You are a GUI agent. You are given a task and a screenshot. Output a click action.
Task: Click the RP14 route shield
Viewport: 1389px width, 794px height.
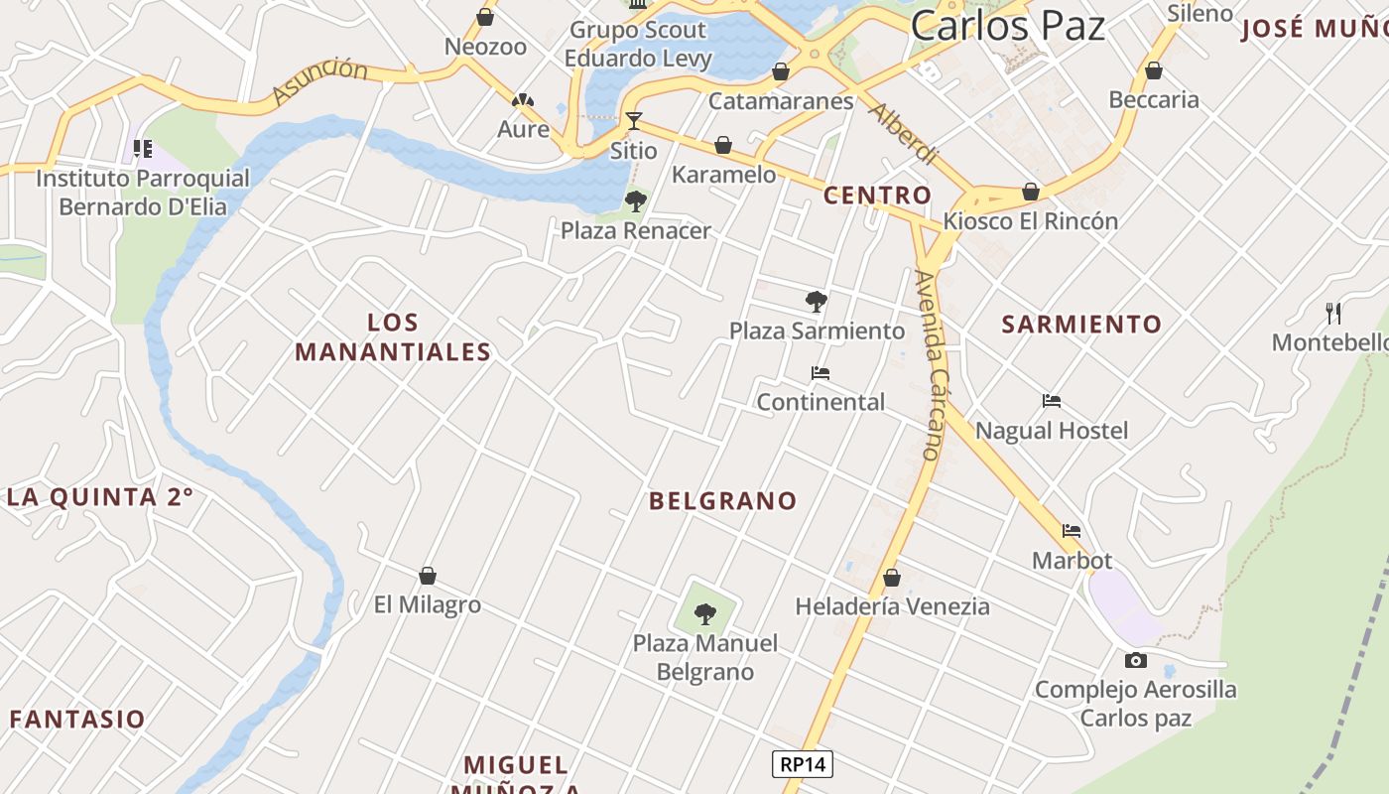pos(803,764)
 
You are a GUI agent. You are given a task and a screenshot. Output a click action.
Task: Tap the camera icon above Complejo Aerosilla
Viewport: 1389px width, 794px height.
pos(1135,660)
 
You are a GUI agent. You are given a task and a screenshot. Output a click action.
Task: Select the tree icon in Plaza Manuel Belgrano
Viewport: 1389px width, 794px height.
pos(705,614)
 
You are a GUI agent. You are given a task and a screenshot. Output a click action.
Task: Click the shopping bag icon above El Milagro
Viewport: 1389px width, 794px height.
pos(428,576)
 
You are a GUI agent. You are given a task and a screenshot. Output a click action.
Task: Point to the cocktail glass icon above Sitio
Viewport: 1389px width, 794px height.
pos(633,121)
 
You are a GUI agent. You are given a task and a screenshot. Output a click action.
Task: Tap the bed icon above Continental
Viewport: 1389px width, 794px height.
pos(820,373)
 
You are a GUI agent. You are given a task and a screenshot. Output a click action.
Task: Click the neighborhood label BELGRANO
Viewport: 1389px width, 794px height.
pos(722,501)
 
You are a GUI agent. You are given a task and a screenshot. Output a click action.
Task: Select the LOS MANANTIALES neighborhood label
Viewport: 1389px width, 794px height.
pos(393,337)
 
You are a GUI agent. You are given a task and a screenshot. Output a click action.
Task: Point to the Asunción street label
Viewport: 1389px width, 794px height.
pos(319,81)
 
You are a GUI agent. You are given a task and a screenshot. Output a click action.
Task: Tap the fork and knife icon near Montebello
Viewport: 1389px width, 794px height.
pos(1333,314)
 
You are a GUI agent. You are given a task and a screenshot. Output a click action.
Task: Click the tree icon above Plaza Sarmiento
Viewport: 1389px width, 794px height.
pos(817,301)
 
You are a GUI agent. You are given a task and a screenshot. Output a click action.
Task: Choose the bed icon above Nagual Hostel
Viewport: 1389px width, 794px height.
pos(1052,401)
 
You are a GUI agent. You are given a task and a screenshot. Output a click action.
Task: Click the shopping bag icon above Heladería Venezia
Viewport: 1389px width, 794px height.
pos(892,578)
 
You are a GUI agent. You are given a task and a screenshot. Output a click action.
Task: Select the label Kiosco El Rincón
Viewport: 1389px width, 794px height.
pos(1031,220)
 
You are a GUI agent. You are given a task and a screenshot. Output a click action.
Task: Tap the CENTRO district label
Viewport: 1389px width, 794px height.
pos(878,195)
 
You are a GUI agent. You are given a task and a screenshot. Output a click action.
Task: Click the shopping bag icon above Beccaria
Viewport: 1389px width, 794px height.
pos(1153,71)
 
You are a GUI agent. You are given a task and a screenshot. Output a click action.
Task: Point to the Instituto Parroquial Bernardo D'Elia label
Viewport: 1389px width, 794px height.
pos(143,193)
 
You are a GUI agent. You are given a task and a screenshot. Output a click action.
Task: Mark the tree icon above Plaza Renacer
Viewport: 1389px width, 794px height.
pos(635,201)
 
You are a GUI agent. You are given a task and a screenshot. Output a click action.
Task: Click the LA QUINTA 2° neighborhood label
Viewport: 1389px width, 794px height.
pos(99,497)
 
